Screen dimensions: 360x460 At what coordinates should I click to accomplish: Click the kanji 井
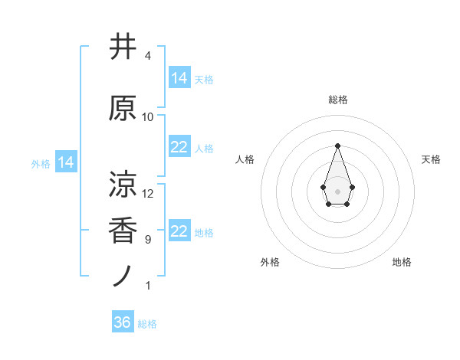(123, 47)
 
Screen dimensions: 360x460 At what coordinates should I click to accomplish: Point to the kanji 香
(123, 231)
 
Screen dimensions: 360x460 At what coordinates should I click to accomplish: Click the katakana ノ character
(123, 277)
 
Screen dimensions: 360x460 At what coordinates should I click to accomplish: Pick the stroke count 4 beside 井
(147, 56)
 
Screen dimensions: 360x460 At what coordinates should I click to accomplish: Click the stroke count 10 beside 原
(148, 117)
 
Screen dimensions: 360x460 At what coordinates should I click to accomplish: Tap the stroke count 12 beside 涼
(148, 193)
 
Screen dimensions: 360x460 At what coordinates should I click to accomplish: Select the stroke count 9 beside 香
(147, 240)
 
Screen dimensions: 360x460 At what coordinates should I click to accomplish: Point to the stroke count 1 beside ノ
(147, 286)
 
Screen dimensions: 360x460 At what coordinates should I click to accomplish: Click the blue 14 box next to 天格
(179, 78)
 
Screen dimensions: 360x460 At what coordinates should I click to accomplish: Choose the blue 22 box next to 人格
(179, 147)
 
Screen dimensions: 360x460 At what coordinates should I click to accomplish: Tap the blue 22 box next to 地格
(179, 231)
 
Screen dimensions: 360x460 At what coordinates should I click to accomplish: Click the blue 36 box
(123, 322)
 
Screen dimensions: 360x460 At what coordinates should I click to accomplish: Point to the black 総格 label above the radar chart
(337, 100)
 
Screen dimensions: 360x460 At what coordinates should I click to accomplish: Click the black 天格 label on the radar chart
(431, 159)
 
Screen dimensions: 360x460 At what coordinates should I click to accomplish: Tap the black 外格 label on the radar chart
(270, 262)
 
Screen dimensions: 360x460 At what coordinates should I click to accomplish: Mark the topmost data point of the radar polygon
(337, 146)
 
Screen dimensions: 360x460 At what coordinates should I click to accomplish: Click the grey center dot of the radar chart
(337, 190)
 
